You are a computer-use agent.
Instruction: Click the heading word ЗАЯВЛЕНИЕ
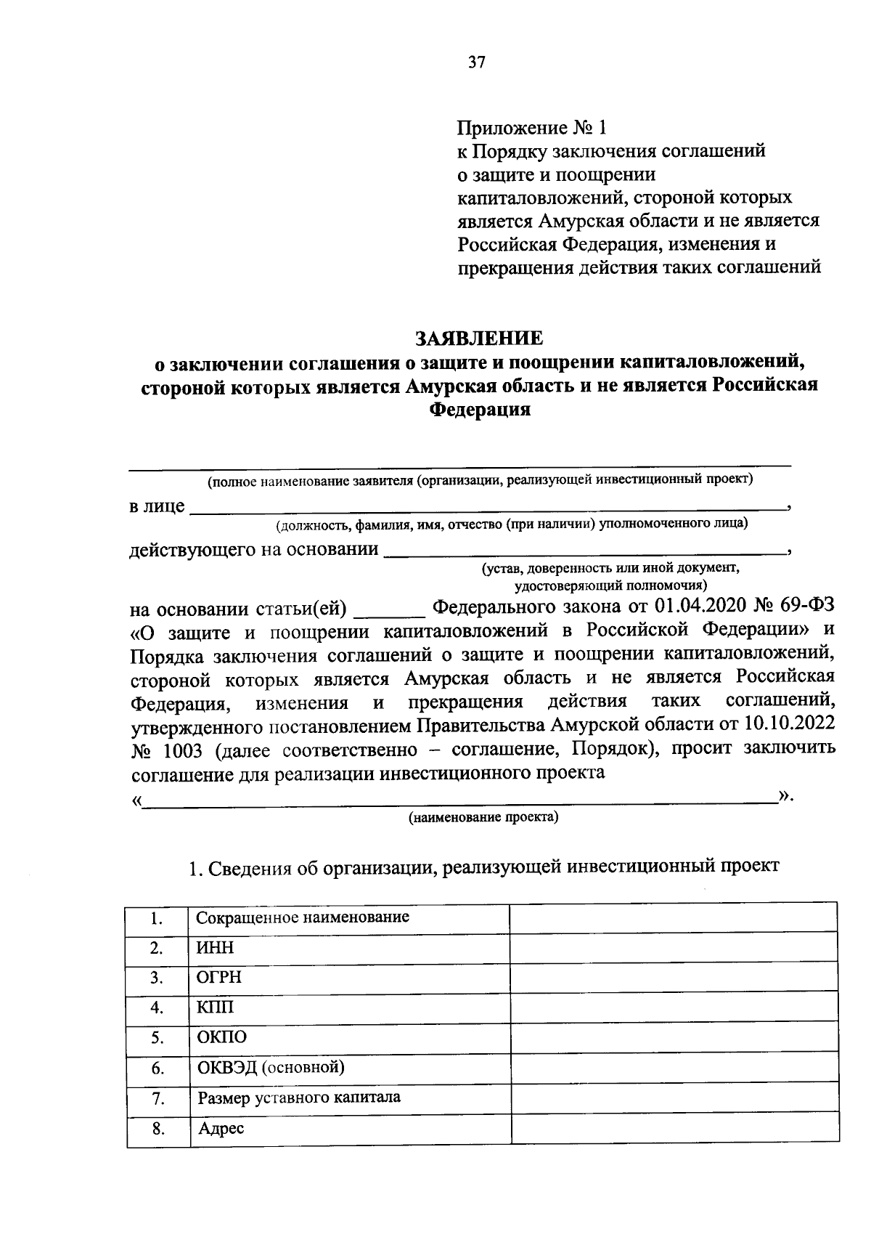pos(478,338)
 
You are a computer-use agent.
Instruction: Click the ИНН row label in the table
pos(215,948)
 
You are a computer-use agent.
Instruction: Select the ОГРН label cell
pos(219,978)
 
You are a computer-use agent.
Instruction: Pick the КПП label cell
pos(215,1008)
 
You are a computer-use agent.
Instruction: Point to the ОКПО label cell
pos(222,1037)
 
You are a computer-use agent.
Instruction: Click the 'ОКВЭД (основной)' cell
pos(271,1067)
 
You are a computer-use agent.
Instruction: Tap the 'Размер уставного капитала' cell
pos(299,1098)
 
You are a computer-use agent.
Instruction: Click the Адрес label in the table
pos(221,1128)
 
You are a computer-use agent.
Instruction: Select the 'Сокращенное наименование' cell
pos(303,917)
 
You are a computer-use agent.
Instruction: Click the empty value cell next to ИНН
pos(674,949)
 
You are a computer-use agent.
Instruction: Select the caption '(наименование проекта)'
pos(483,818)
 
